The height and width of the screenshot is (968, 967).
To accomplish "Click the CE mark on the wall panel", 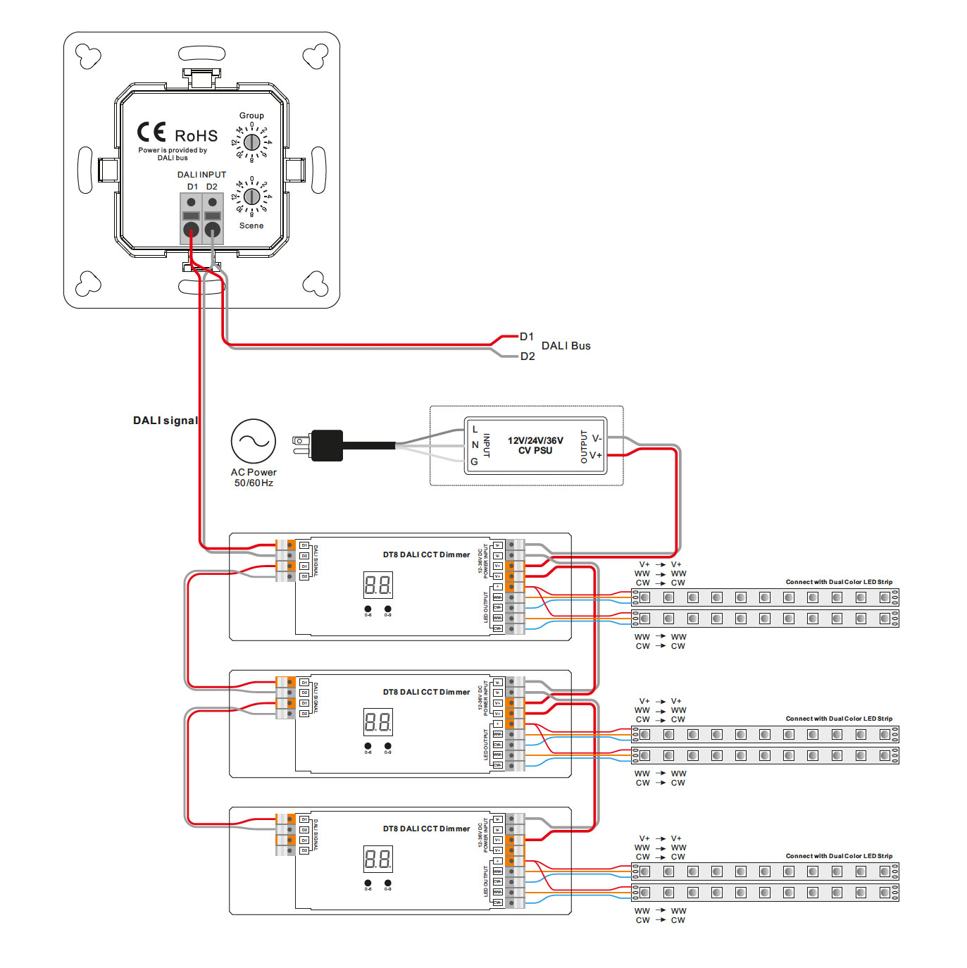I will click(151, 132).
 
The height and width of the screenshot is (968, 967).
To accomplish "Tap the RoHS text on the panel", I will click(196, 136).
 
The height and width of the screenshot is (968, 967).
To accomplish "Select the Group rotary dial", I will click(251, 142).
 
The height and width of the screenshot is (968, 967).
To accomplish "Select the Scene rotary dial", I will click(251, 197).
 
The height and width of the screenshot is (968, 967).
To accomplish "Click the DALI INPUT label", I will click(201, 175).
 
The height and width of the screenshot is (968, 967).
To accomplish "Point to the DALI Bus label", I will click(566, 346).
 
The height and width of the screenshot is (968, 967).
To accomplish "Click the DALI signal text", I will click(166, 421).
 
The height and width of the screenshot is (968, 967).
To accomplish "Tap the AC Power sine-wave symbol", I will click(254, 441).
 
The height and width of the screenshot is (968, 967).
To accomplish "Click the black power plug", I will click(326, 445).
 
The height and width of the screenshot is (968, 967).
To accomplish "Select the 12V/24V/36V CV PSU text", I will click(535, 445).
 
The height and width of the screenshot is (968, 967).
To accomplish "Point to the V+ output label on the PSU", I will click(596, 455).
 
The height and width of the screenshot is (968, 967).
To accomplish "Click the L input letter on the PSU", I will click(475, 429).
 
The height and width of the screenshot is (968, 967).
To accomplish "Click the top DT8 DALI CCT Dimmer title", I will click(426, 554).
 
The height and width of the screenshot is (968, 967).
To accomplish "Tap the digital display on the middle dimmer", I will click(378, 722).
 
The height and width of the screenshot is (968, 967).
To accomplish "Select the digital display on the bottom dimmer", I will click(378, 859).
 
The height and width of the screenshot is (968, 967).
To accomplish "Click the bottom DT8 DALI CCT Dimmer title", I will click(426, 829).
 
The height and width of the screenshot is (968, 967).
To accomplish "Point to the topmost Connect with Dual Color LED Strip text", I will click(839, 582).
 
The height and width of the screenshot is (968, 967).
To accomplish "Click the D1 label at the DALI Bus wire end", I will click(527, 337).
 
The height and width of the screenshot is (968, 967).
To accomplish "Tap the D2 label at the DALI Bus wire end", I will click(528, 356).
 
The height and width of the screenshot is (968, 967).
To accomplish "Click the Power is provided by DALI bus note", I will click(173, 154).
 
